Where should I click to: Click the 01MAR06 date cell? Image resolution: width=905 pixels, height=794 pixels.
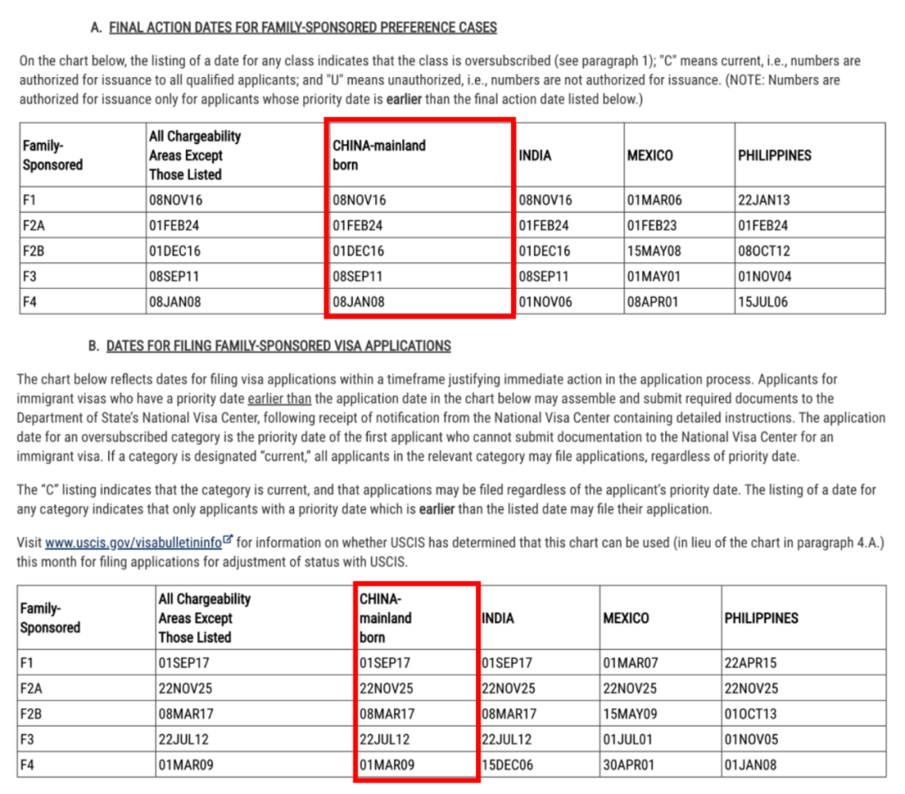coord(653,200)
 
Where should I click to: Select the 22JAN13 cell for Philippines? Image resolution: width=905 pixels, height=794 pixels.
coord(763,200)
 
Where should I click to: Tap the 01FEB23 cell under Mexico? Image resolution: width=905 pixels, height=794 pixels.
coord(653,225)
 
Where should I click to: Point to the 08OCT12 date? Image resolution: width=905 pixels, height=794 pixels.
coord(764,251)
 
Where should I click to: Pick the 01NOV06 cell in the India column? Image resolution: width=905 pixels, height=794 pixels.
coord(546,302)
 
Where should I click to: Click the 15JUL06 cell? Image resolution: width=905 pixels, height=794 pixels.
coord(763,302)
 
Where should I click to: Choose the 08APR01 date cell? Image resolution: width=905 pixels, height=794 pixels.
coord(653,302)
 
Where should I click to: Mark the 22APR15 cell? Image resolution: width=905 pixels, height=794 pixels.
coord(751,663)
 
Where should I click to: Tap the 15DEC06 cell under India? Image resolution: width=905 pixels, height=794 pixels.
coord(509,765)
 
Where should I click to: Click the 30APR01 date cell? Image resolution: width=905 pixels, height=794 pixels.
coord(629,765)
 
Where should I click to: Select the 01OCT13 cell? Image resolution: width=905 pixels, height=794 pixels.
coord(751,714)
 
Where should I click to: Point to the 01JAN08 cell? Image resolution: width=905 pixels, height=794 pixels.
coord(751,765)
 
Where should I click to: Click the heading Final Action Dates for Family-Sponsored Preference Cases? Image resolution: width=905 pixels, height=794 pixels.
coord(303,28)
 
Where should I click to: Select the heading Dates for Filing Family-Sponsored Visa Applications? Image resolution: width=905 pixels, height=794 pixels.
coord(278,346)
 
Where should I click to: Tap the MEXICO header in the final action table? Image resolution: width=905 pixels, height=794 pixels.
coord(649,156)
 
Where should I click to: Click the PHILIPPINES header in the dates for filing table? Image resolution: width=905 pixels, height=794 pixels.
coord(761,618)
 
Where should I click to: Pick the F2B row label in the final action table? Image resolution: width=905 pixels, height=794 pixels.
coord(34,251)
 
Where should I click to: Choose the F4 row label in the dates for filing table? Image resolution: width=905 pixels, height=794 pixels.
coord(28,765)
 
